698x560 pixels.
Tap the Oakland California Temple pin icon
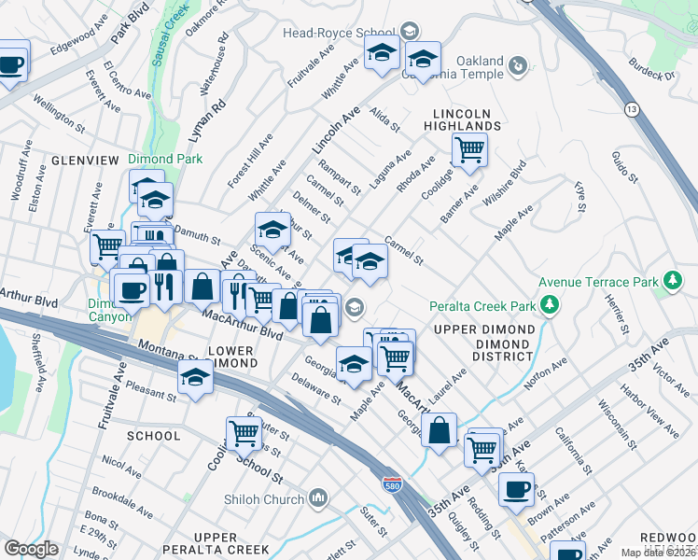pos(518,65)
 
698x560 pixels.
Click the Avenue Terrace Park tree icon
pos(671,281)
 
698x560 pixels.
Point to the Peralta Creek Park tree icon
pos(551,305)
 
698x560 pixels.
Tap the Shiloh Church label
pos(265,497)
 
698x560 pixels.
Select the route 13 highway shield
pos(633,110)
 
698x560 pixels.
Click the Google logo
pos(31,548)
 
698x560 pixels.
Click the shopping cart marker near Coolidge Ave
pos(469,147)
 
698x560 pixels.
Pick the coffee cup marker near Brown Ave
pos(516,488)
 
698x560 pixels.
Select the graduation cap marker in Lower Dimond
pos(195,377)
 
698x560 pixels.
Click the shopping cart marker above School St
pos(244,432)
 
